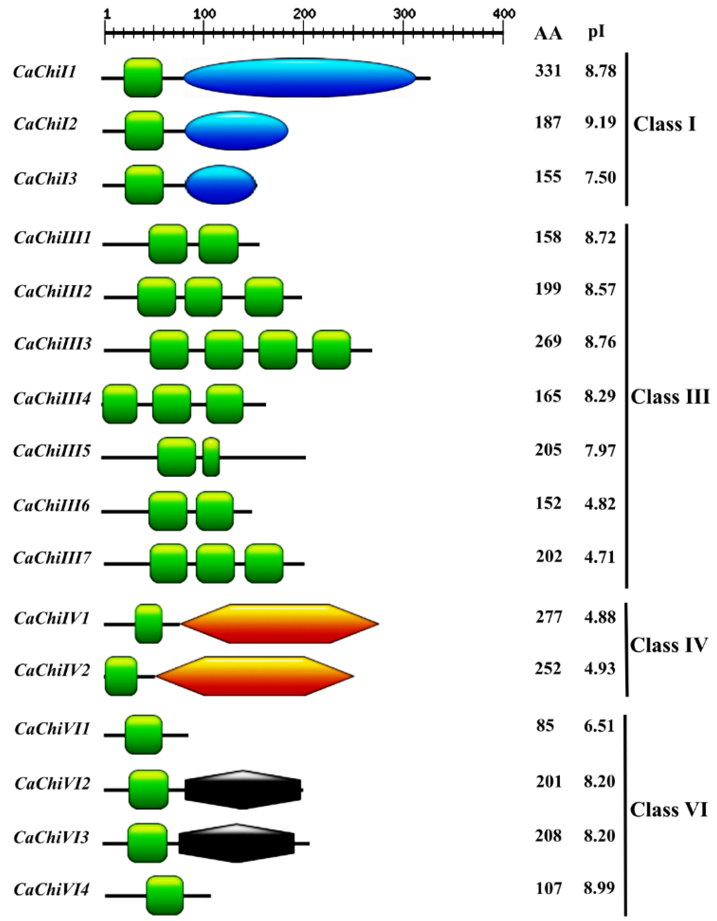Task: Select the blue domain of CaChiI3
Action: coord(221,185)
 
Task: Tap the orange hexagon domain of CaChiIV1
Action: coord(280,624)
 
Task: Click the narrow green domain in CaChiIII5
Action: coord(211,457)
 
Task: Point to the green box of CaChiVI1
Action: coord(143,735)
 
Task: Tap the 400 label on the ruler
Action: coord(504,14)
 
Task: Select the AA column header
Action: coord(548,34)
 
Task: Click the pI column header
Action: coord(596,33)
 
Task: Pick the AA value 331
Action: coord(548,71)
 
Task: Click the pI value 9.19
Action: coord(600,122)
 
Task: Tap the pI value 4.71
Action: coord(600,557)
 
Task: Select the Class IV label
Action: coord(669,645)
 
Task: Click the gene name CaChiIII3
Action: coord(53,344)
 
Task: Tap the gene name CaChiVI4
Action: coord(52,890)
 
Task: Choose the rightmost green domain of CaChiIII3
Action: coord(331,350)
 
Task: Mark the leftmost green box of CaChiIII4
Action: coord(120,404)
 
